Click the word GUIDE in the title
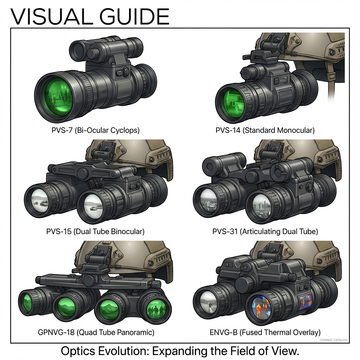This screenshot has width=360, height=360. (x=134, y=17)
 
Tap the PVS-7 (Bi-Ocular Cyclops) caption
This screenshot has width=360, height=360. (x=96, y=130)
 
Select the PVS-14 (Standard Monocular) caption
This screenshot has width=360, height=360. (x=265, y=130)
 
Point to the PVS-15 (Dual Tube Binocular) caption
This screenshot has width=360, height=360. (x=95, y=231)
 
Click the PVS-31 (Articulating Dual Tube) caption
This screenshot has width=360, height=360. (x=265, y=231)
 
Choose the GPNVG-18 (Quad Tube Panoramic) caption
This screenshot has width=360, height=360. (x=96, y=332)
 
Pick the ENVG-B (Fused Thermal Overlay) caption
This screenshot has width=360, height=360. (x=265, y=332)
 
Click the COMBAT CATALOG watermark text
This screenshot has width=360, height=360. (x=334, y=340)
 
